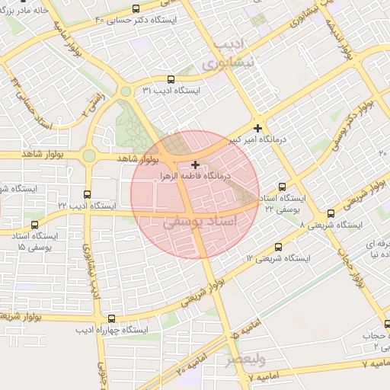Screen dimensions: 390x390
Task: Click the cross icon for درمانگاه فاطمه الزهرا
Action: [196, 165]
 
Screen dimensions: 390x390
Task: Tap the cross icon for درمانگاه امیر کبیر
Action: [259, 128]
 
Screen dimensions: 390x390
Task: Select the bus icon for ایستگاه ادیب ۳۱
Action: [170, 78]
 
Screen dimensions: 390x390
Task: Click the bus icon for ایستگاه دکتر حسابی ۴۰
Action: [136, 8]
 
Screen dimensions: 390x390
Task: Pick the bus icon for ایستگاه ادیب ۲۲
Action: [88, 194]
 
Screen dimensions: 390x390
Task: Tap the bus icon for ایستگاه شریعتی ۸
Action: [331, 214]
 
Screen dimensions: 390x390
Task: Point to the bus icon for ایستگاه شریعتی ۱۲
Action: [278, 247]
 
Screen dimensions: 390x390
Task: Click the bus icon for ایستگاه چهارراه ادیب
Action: [112, 319]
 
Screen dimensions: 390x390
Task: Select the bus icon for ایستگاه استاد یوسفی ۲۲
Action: [283, 187]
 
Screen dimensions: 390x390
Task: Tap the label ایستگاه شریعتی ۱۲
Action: [279, 259]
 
